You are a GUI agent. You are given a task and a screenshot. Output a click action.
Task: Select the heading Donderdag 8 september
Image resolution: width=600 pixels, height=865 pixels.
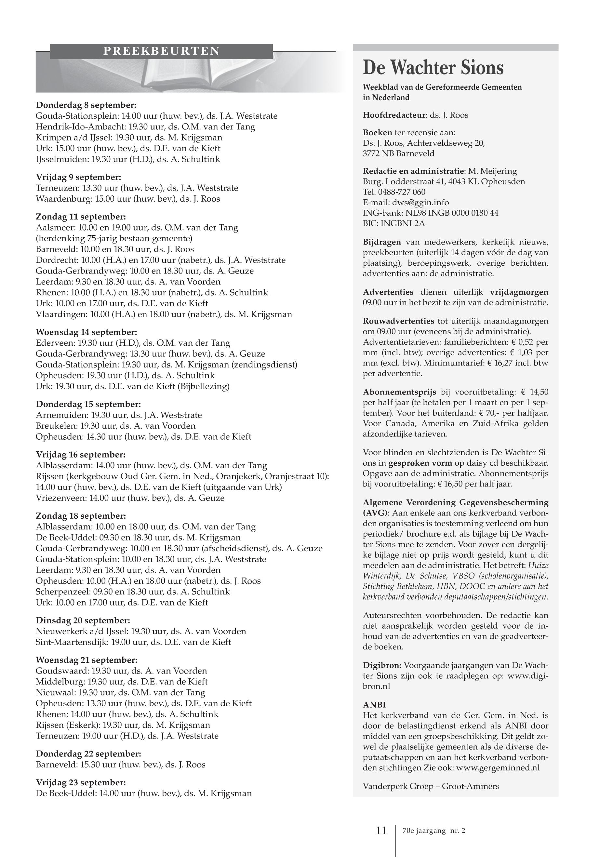[x=86, y=105]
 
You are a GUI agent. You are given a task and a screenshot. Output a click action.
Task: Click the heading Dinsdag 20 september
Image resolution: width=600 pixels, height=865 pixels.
[x=83, y=620]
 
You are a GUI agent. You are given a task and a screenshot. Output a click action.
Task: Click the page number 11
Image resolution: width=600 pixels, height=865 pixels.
[x=381, y=831]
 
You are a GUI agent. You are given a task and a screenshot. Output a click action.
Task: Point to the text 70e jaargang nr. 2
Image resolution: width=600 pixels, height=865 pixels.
[x=433, y=831]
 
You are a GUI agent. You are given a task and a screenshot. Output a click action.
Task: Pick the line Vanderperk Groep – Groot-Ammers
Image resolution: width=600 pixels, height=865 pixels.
[x=431, y=786]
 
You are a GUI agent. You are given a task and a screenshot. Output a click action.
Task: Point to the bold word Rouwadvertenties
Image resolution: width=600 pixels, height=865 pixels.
[x=398, y=321]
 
